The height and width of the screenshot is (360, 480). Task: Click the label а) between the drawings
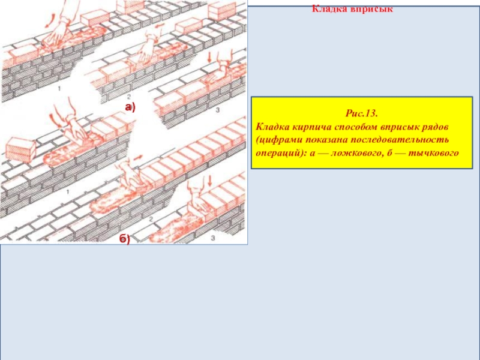[x=130, y=107]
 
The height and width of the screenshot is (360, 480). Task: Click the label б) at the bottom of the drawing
[x=125, y=239]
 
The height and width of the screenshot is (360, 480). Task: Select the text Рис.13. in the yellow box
[x=362, y=113]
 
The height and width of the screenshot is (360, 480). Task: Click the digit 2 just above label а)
[x=129, y=97]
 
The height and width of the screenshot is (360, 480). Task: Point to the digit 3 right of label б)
[x=213, y=238]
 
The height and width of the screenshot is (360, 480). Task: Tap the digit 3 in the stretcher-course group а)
[x=218, y=110]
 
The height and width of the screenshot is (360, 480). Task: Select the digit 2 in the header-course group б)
[x=151, y=219]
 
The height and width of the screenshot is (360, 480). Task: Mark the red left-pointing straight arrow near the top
[x=158, y=27]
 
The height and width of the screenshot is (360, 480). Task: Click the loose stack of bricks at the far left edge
[x=20, y=150]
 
